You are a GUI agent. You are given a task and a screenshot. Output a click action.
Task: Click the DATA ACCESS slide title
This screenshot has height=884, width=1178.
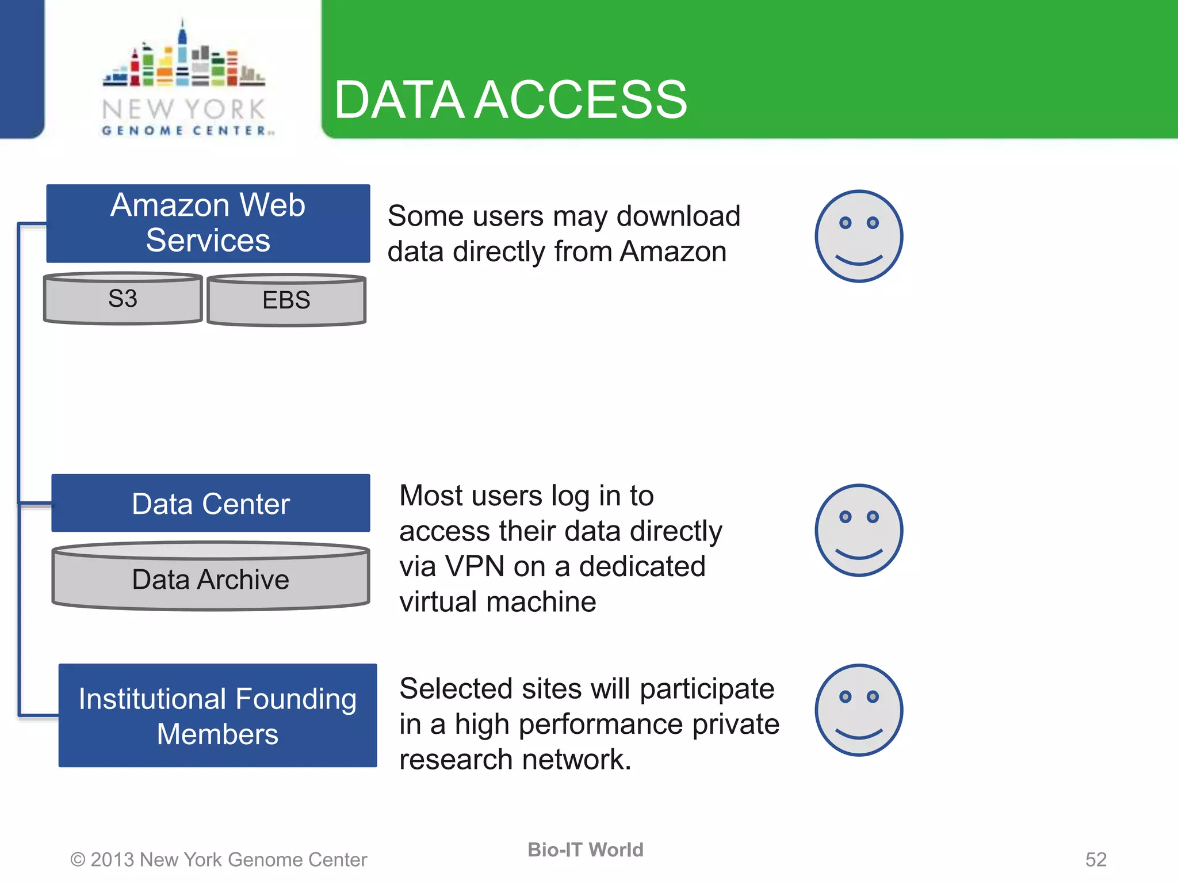coord(510,100)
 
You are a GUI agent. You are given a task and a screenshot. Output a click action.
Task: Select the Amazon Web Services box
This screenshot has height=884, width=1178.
coord(208,223)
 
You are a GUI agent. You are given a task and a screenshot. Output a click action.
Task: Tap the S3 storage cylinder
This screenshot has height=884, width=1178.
coord(123,299)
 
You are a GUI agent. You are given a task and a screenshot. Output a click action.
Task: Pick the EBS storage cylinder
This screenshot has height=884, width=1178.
coord(286,300)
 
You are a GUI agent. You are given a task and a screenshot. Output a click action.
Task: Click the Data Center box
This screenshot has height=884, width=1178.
coord(211,504)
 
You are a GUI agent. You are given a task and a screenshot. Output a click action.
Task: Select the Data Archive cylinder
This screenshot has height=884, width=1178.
coord(211,578)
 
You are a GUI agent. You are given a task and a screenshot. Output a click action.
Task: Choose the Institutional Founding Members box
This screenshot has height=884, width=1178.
coord(217,716)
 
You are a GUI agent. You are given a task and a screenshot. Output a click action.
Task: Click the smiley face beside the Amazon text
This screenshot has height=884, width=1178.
coord(858,236)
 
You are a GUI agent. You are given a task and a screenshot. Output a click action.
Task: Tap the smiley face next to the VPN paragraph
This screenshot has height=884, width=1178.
coord(858,530)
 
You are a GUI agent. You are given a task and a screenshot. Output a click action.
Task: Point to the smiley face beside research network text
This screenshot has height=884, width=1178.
coord(858,710)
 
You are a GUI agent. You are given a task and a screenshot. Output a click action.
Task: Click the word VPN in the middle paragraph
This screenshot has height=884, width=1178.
coord(475,567)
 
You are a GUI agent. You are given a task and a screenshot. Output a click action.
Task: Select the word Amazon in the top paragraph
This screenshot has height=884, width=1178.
coord(673,252)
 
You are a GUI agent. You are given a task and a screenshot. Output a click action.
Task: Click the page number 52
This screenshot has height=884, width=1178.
coord(1095,860)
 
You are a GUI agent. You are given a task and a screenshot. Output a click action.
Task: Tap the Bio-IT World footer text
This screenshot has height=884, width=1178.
coord(585,850)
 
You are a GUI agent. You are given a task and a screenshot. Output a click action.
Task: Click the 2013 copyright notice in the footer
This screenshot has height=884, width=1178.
coord(219,860)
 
